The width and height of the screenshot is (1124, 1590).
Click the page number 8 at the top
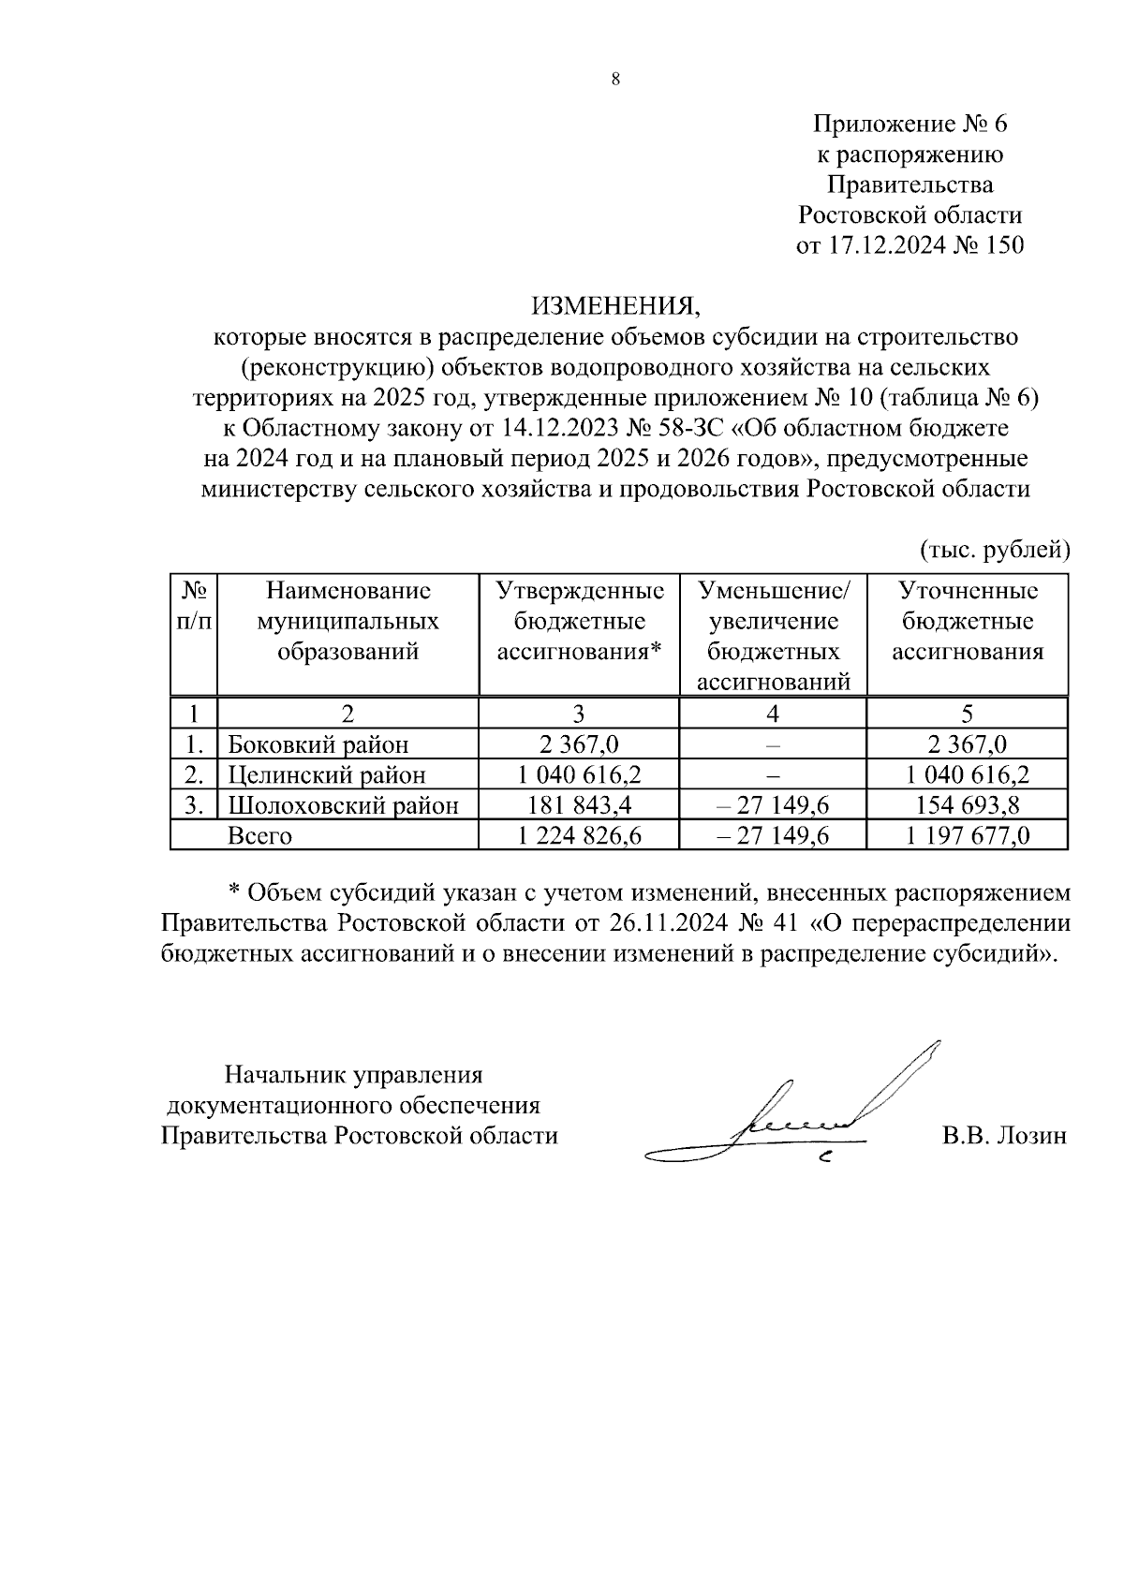click(x=615, y=80)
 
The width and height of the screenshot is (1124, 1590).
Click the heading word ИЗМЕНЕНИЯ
click(x=615, y=306)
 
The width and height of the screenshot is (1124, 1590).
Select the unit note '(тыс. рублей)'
click(x=994, y=549)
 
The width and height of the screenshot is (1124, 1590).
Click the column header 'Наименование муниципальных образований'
click(x=348, y=621)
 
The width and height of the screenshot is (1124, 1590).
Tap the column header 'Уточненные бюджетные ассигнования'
click(x=968, y=621)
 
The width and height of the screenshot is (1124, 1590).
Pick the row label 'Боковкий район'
click(x=318, y=745)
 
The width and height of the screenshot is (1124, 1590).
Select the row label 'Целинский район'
click(x=327, y=775)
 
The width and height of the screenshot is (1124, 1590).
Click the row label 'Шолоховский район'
click(x=344, y=805)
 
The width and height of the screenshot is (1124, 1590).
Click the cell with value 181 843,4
click(x=579, y=805)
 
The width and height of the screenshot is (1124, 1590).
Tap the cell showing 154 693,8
click(x=968, y=805)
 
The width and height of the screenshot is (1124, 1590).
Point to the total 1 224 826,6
click(x=579, y=835)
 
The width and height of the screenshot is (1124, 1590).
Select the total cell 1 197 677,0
click(x=968, y=835)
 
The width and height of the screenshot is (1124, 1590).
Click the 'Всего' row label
click(x=259, y=835)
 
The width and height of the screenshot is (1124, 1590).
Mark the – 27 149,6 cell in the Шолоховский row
click(x=773, y=805)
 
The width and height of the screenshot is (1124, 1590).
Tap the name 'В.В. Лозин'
click(x=1004, y=1136)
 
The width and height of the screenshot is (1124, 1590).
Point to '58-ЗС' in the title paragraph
click(x=702, y=429)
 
